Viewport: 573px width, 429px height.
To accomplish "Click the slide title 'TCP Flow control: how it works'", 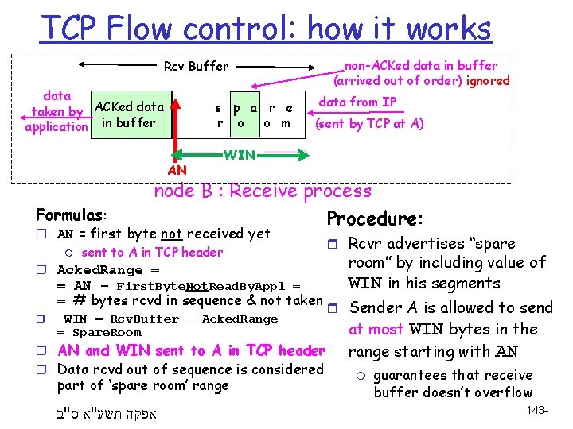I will click(266, 29).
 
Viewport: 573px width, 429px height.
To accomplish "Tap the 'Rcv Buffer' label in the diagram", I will click(196, 67).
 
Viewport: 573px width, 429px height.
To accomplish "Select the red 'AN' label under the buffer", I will click(177, 170).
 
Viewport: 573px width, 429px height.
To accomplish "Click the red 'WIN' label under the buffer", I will click(239, 155).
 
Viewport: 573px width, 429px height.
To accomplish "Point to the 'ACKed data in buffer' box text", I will click(128, 114).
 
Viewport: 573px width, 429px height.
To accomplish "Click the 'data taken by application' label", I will click(57, 111).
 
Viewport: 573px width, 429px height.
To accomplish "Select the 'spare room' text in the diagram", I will click(255, 115).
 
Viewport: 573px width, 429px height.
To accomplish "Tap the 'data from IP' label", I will click(357, 102).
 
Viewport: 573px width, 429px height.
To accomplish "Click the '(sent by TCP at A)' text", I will click(369, 123).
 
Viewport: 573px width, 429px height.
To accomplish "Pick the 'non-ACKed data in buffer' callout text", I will click(421, 73).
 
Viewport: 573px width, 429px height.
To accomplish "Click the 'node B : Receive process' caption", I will click(262, 191).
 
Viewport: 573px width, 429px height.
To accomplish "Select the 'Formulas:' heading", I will click(71, 215).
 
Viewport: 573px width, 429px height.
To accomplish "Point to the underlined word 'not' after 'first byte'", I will click(171, 234).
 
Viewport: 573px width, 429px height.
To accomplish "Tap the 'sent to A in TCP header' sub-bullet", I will click(152, 253).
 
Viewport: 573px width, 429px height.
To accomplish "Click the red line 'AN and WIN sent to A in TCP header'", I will click(191, 350).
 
